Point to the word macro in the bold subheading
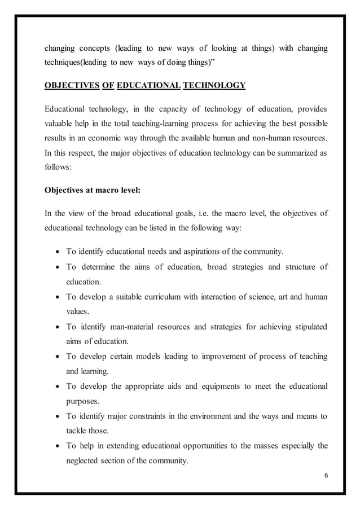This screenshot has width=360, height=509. [105, 190]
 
